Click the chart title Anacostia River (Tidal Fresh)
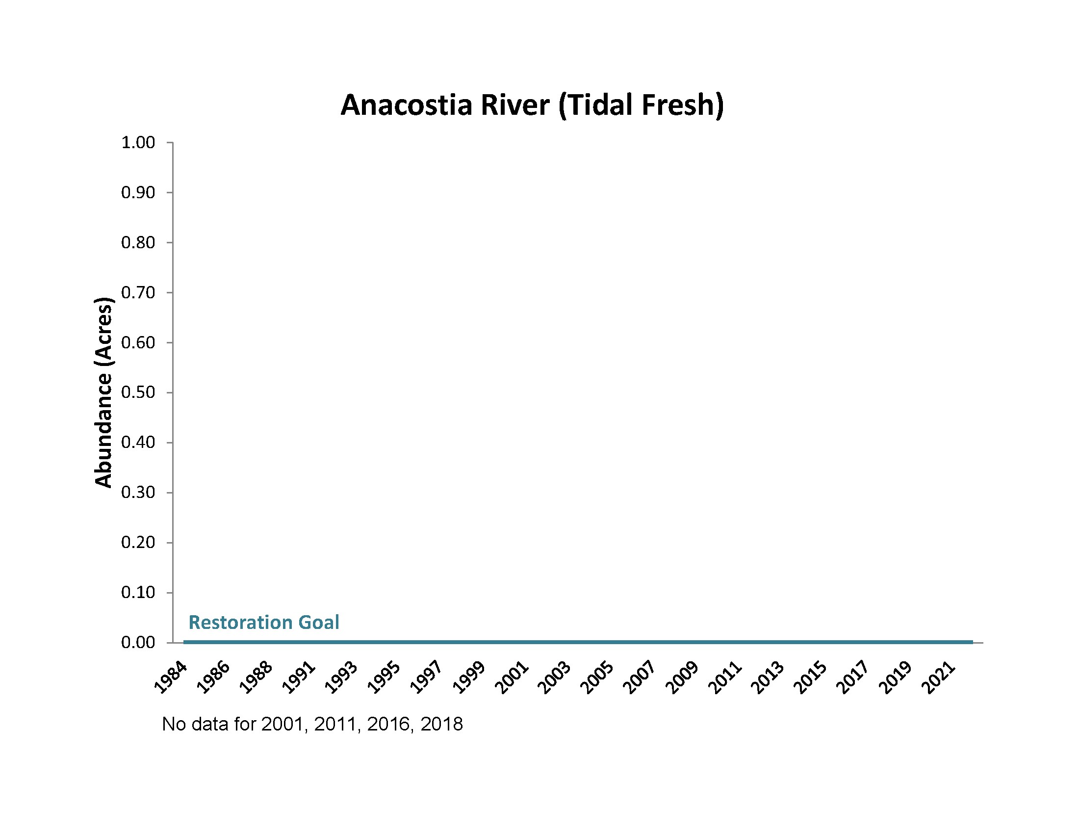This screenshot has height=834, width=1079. (532, 105)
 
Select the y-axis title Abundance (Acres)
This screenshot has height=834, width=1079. (103, 392)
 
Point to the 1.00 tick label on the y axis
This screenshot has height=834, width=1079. (138, 143)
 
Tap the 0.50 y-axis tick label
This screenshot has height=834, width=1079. (138, 392)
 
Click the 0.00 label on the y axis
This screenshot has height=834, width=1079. (138, 642)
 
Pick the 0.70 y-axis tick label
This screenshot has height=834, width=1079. (138, 292)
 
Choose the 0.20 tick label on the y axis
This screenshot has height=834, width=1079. (138, 543)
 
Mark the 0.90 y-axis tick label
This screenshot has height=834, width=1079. (138, 193)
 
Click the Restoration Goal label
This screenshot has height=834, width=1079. (264, 623)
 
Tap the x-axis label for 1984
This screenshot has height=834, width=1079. (171, 678)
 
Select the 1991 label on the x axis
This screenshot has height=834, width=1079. (299, 678)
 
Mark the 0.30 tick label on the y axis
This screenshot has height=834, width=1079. (138, 493)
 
